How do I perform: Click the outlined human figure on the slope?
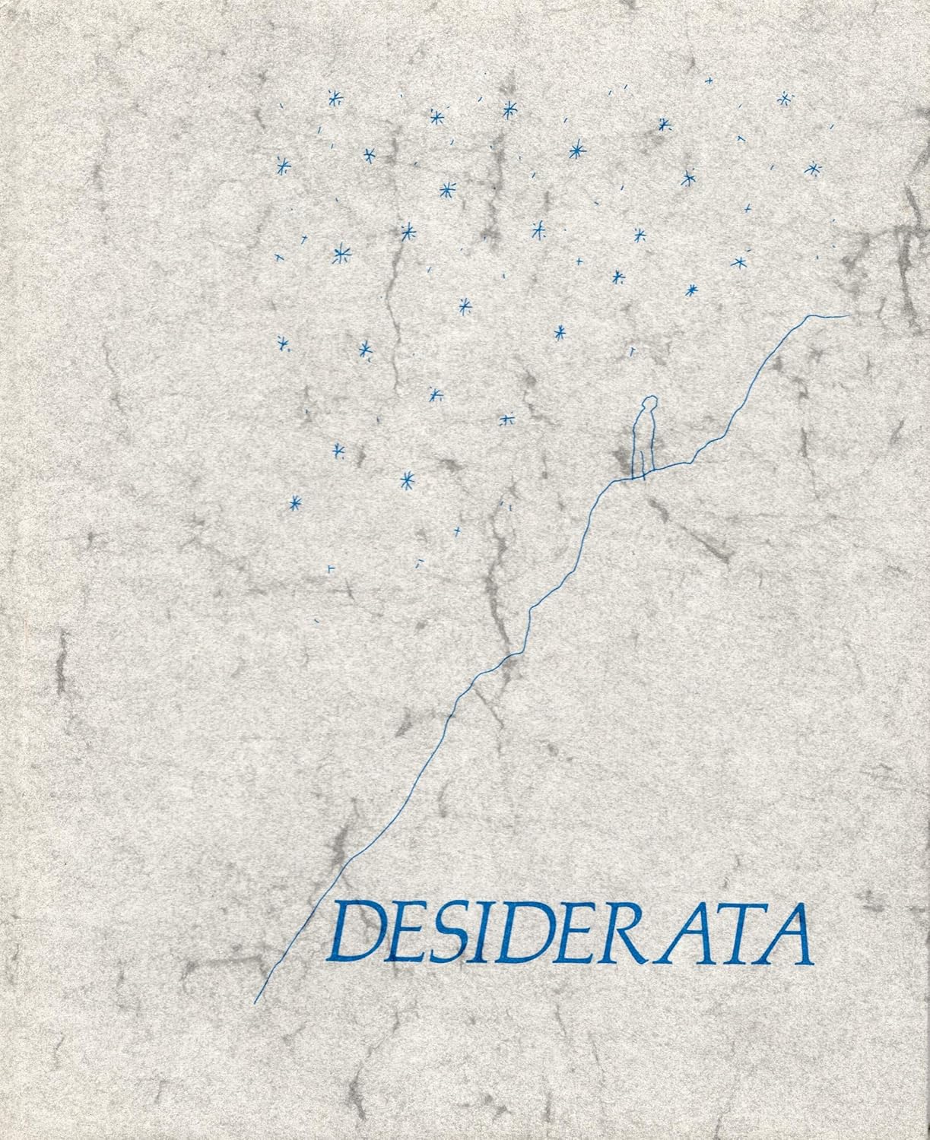pyautogui.click(x=645, y=438)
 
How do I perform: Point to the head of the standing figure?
pyautogui.click(x=648, y=404)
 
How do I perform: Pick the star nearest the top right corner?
pyautogui.click(x=785, y=98)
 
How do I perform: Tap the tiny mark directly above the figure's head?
pyautogui.click(x=630, y=350)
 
